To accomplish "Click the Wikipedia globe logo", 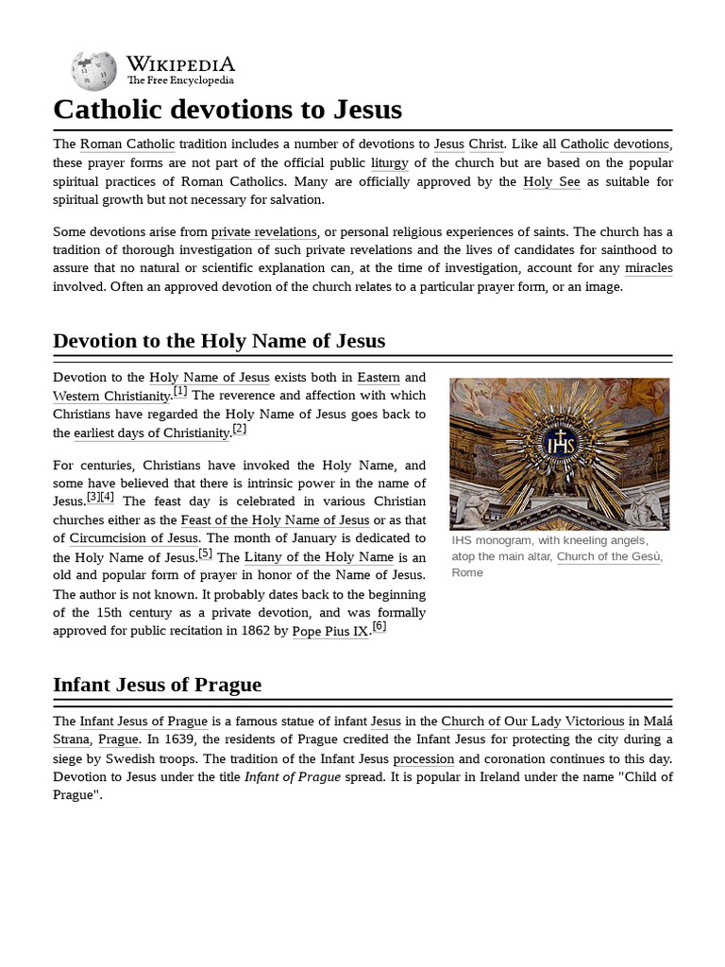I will [93, 72].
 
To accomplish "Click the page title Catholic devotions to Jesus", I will [228, 110].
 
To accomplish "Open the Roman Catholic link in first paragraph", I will [127, 144].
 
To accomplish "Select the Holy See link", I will [551, 181].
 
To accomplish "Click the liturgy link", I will [389, 163].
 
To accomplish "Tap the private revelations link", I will [264, 232].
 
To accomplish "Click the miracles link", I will [649, 268].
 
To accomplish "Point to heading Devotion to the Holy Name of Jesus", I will [219, 341].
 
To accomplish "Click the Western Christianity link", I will [111, 397].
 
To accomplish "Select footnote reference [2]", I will [240, 429].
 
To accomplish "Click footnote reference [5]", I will [206, 553].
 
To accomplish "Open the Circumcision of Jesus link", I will [133, 538].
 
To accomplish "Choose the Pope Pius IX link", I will [330, 631].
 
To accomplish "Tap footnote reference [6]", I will [379, 626].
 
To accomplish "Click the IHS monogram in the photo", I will [559, 445].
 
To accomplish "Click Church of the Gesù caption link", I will [609, 556].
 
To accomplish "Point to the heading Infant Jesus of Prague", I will [157, 685].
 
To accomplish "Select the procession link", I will [423, 759].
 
